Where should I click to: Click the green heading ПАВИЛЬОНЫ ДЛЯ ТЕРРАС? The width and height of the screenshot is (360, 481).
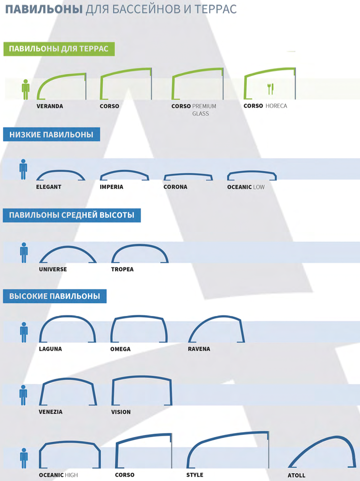59,49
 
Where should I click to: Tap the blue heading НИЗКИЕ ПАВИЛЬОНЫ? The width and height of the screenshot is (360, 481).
51,135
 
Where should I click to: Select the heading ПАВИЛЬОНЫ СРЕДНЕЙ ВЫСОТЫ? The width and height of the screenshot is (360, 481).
72,215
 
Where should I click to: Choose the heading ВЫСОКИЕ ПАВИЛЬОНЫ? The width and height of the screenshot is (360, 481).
55,296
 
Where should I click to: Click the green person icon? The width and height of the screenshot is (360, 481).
26,89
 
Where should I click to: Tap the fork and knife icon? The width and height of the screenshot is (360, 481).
270,89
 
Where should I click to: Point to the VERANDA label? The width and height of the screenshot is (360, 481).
50,106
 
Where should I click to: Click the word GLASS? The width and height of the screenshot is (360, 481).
200,114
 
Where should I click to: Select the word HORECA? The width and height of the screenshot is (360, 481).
276,106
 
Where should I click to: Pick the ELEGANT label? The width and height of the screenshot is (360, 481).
49,187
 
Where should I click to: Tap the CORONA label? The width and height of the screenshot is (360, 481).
175,187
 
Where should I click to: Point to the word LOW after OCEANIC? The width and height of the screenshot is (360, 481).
259,187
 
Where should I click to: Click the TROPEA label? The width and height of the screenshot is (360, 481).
122,270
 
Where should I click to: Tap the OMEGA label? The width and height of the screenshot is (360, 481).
120,349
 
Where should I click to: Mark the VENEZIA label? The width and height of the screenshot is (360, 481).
51,412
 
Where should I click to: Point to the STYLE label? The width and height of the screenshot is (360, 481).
195,475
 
